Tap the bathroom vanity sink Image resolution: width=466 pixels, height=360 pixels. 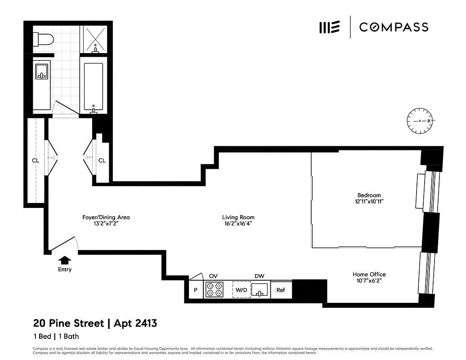click(x=42, y=72)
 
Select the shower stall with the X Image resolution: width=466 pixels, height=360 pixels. click(x=95, y=40)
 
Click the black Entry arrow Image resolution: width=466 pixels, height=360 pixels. click(x=65, y=260)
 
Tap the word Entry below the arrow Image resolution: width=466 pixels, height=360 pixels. click(x=65, y=270)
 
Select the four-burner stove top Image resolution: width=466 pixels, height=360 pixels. click(x=214, y=289)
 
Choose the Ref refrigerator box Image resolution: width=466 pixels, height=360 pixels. click(x=281, y=290)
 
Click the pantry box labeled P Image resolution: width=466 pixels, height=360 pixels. click(x=195, y=290)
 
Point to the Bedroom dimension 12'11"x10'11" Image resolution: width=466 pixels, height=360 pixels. click(x=369, y=202)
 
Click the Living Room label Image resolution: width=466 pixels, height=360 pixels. click(x=238, y=217)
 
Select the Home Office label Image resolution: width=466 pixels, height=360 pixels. click(x=369, y=274)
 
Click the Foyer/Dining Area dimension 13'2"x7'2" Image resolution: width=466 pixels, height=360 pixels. click(x=106, y=224)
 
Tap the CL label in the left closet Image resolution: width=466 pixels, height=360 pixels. click(x=36, y=160)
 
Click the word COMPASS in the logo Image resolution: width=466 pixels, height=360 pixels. click(x=393, y=27)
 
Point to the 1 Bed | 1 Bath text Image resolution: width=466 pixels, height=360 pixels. click(x=56, y=336)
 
